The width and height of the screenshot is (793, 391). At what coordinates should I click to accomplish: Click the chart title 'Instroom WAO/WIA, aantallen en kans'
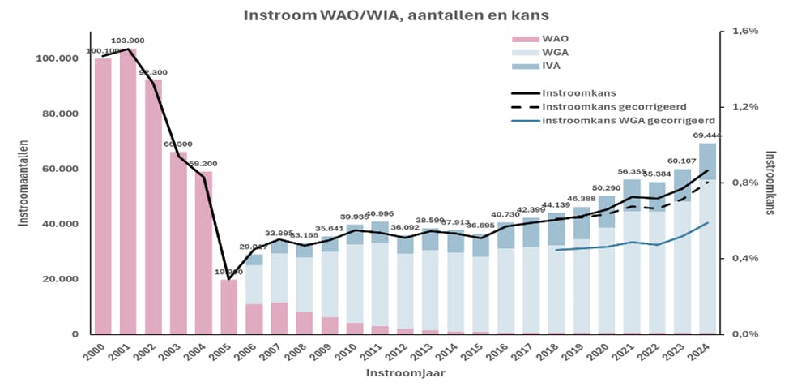[x=396, y=14]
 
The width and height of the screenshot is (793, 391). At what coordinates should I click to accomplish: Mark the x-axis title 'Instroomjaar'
[x=396, y=373]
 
